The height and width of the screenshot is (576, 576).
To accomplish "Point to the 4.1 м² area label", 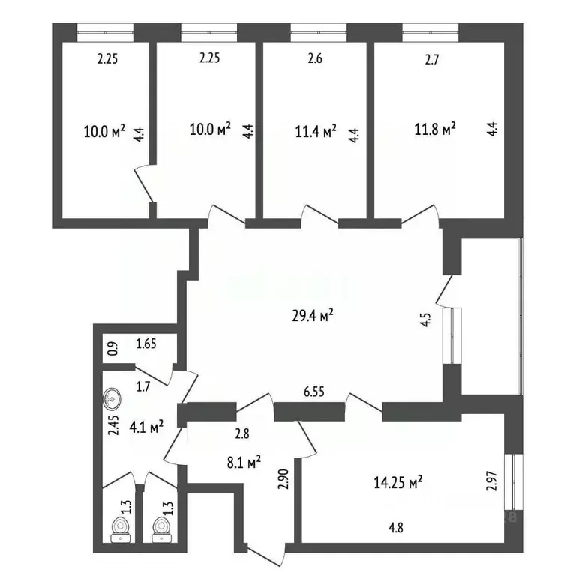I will [146, 428].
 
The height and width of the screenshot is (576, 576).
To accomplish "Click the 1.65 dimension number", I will [145, 345].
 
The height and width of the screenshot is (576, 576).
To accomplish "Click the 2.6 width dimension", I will [315, 61].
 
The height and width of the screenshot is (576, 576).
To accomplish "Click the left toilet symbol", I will [119, 529].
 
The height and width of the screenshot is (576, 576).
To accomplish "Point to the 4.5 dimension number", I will [425, 321].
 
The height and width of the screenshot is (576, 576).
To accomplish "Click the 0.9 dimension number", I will [113, 349].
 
